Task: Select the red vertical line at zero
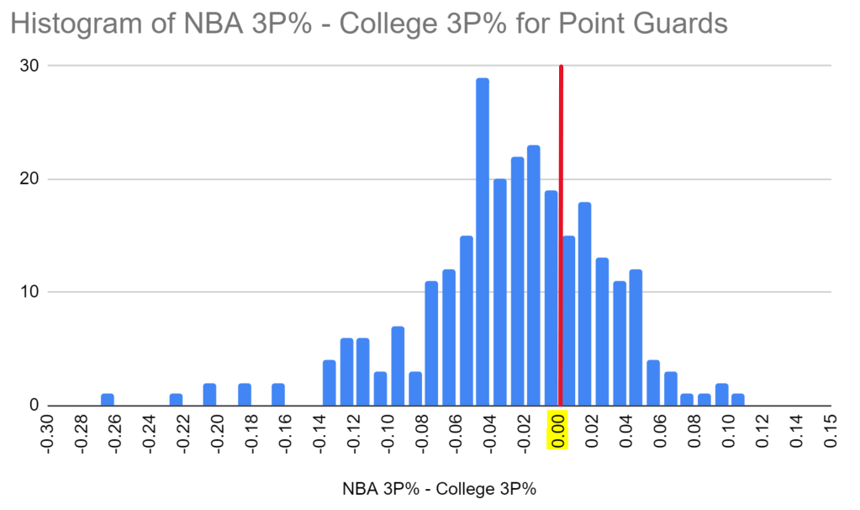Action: click(x=561, y=236)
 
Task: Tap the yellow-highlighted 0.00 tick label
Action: click(x=558, y=430)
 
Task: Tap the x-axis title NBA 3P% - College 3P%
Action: click(x=438, y=489)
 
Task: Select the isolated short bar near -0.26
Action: click(x=107, y=400)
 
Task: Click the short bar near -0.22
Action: click(x=176, y=400)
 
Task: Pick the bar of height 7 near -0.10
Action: click(x=398, y=366)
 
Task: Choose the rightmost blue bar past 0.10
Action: click(x=738, y=400)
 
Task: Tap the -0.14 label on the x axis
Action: click(x=319, y=434)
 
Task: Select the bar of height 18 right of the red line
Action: click(x=585, y=304)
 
